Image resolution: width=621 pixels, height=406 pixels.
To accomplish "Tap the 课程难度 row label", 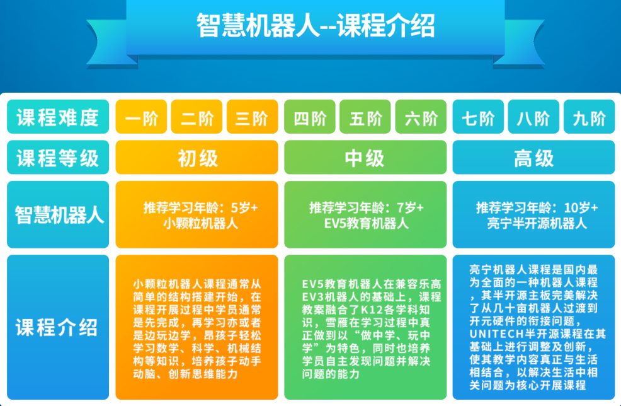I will pyautogui.click(x=58, y=117).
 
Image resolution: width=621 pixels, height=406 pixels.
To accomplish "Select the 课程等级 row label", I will pyautogui.click(x=58, y=158).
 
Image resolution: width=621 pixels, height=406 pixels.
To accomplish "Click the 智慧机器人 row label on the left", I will pyautogui.click(x=58, y=215).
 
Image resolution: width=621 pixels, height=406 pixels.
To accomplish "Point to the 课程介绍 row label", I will pyautogui.click(x=58, y=327).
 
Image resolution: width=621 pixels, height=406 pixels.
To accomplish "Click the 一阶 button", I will pyautogui.click(x=141, y=117).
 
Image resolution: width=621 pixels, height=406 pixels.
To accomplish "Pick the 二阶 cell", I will pyautogui.click(x=197, y=117).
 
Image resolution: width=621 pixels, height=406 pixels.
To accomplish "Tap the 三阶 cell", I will pyautogui.click(x=252, y=117).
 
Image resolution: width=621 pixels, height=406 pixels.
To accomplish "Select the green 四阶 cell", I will pyautogui.click(x=310, y=117).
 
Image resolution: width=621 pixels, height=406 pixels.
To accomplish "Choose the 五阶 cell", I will pyautogui.click(x=365, y=117).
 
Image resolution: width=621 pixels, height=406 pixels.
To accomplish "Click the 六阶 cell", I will pyautogui.click(x=421, y=117).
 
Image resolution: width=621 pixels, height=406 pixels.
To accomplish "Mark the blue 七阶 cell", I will pyautogui.click(x=478, y=117).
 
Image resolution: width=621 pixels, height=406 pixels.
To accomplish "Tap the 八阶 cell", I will pyautogui.click(x=533, y=117).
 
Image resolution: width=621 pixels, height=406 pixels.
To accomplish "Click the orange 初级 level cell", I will pyautogui.click(x=197, y=158).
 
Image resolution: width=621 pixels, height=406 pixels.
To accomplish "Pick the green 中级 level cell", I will pyautogui.click(x=365, y=158).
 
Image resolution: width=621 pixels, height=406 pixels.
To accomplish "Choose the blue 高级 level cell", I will pyautogui.click(x=533, y=158).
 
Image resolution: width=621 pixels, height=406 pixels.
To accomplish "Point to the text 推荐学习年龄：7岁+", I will pyautogui.click(x=366, y=207).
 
